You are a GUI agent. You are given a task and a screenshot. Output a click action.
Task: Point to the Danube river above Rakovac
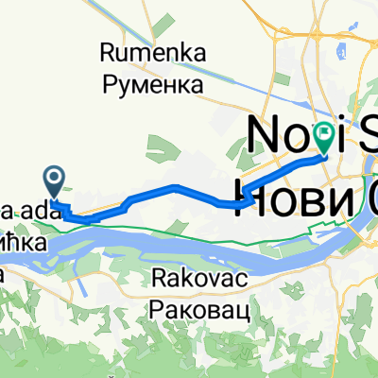(x=189, y=248)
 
